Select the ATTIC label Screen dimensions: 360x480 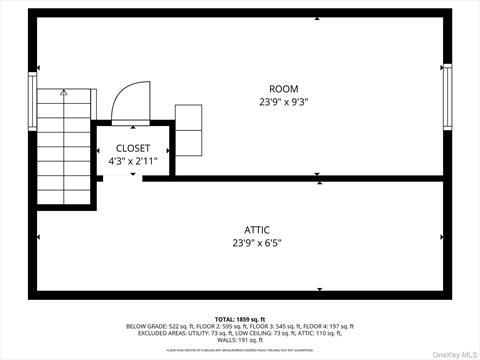(257, 230)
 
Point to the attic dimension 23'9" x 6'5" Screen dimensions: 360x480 (257, 243)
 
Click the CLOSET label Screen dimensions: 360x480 (133, 148)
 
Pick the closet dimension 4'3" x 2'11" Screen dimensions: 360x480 (133, 160)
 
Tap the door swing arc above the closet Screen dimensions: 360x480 (129, 100)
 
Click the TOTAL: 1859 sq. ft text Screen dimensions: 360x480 (240, 318)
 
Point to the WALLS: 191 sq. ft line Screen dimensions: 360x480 (240, 340)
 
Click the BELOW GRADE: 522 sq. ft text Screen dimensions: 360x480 (157, 326)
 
